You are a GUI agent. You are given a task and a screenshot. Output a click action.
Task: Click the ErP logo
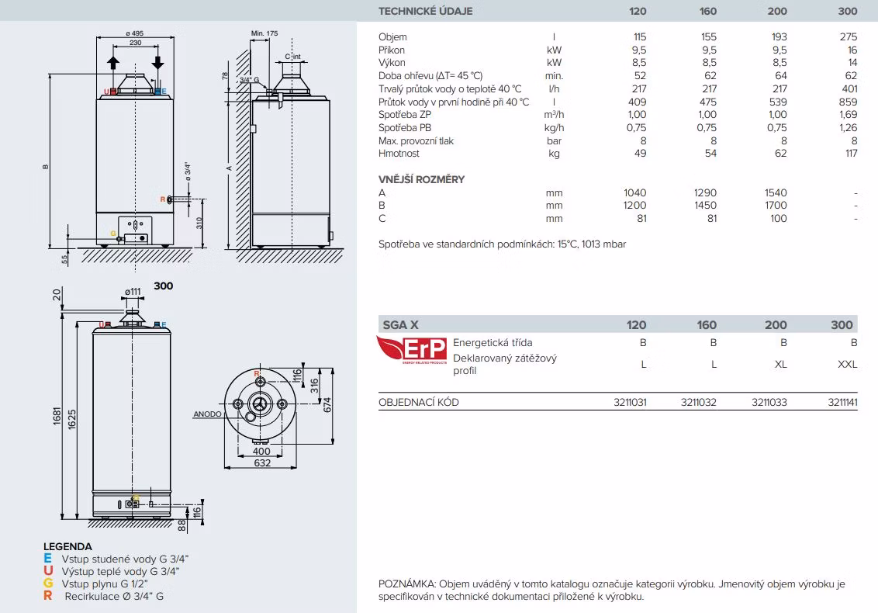pos(412,350)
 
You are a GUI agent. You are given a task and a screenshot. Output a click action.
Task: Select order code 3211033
pos(769,402)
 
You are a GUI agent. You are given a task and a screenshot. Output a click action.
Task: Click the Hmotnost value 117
pos(851,154)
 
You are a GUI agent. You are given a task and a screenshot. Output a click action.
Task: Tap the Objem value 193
pos(779,37)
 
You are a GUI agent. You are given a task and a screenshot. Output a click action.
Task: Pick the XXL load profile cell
pos(847,364)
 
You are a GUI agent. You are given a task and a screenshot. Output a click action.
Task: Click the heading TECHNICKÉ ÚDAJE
pos(426,11)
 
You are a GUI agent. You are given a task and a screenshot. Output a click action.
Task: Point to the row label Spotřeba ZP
pos(405,115)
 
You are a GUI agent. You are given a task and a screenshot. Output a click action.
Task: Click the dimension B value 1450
pos(706,206)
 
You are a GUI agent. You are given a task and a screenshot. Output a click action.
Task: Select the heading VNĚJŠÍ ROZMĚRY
pos(422,179)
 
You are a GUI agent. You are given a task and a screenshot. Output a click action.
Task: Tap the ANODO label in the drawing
pos(207,414)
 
